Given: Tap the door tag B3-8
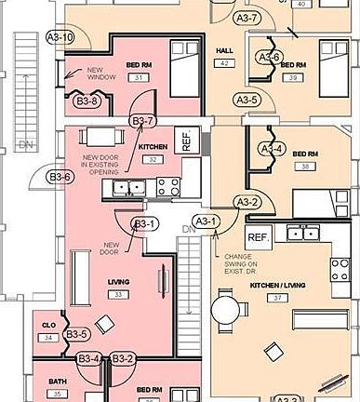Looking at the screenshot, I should click(87, 100).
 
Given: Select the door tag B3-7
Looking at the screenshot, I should click(142, 120).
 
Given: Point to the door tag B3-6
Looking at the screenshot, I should click(60, 176).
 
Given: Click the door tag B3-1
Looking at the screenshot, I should click(143, 223).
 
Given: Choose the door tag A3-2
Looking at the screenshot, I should click(247, 201).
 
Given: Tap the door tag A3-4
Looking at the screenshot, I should click(271, 149).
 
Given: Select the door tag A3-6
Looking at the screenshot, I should click(269, 57).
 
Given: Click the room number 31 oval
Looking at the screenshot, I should click(139, 77).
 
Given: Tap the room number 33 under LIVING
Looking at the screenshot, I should click(118, 294).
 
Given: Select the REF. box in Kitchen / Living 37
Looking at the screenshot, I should click(258, 237).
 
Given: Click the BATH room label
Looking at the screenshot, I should click(57, 382).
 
